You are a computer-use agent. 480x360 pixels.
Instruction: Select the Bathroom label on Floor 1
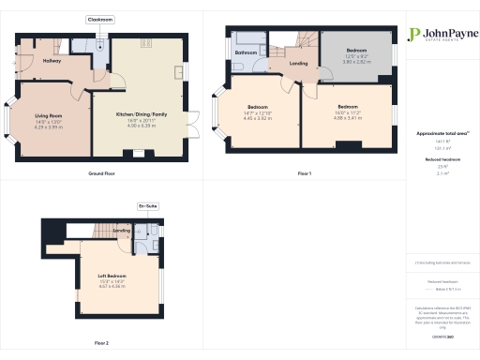tap(247, 52)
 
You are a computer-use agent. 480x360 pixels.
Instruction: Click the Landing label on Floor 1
tap(298, 64)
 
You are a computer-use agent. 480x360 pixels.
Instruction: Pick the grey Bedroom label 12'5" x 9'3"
tap(356, 49)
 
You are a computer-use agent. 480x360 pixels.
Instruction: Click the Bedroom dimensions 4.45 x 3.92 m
tap(259, 119)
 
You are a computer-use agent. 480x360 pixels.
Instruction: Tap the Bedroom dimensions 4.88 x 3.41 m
tap(347, 118)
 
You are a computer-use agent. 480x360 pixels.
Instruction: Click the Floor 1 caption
tap(305, 174)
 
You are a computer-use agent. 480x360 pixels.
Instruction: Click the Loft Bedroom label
tap(112, 275)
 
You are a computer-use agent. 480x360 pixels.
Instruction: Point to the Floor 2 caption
tap(100, 343)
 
